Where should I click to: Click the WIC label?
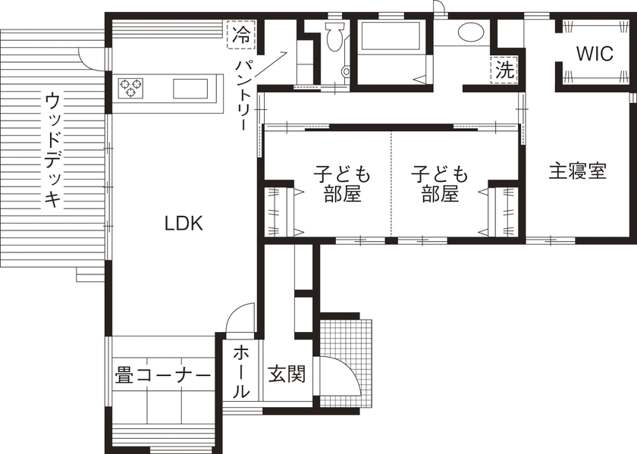(594, 54)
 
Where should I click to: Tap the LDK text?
(184, 223)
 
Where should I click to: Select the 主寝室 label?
(578, 171)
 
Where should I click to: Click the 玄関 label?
(287, 374)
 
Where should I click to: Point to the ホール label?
(240, 371)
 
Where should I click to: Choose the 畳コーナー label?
(162, 375)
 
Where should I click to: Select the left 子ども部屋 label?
(342, 184)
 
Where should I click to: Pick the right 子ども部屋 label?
(440, 184)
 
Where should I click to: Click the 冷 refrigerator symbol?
(241, 35)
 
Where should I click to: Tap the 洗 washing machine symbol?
(504, 70)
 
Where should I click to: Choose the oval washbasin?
(470, 33)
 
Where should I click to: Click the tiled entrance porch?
(347, 356)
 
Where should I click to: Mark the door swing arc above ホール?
(241, 317)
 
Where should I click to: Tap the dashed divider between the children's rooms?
(391, 182)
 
